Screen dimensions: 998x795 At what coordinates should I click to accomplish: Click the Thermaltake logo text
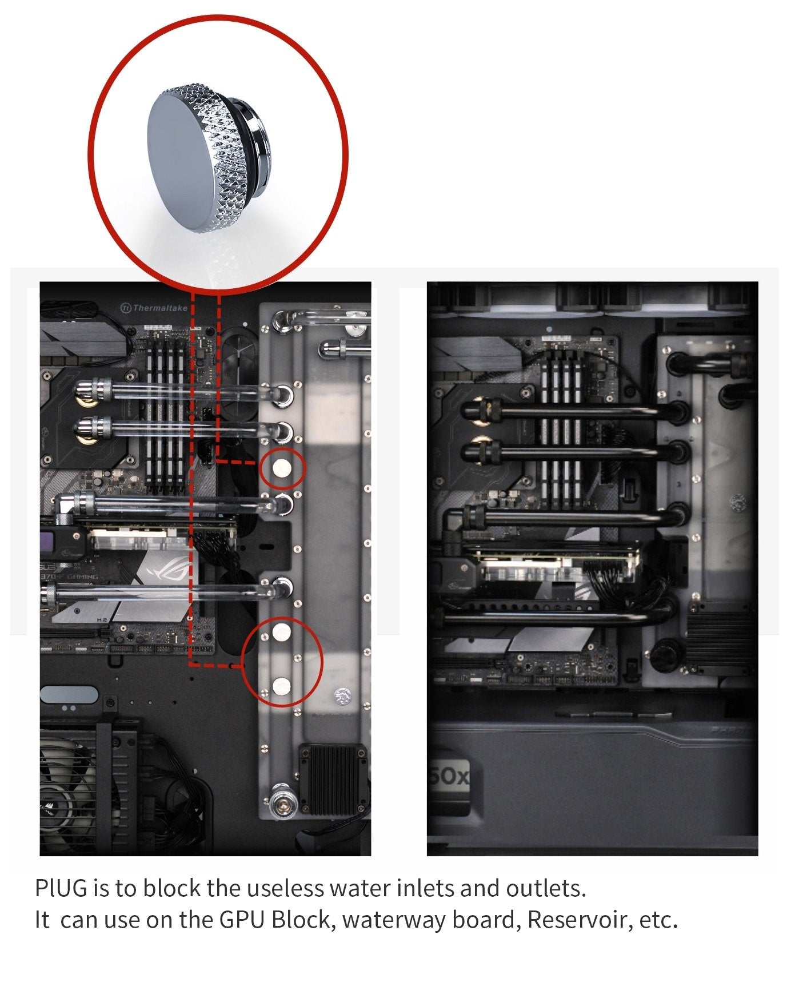point(159,308)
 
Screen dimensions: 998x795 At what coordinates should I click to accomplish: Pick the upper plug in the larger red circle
point(282,632)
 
